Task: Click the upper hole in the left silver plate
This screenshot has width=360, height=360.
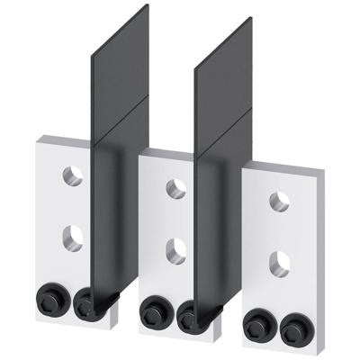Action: tap(73, 175)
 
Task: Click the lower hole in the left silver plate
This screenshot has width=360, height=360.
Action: tap(73, 237)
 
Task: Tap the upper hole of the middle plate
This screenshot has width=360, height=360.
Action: tap(177, 188)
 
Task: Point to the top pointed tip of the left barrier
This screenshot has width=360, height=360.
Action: tap(147, 7)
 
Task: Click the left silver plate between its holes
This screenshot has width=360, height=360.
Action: tap(73, 206)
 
